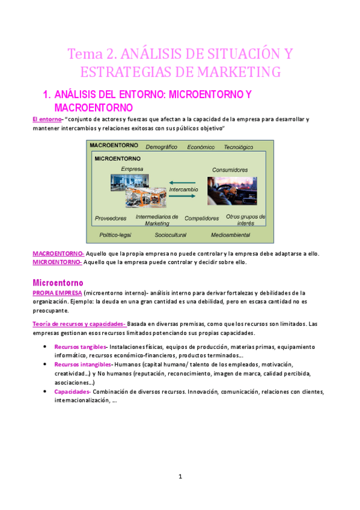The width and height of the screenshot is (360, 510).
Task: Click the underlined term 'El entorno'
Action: [x=47, y=119]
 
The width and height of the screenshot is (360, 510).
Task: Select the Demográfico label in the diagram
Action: [x=161, y=147]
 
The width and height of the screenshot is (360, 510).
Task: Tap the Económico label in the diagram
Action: [x=201, y=147]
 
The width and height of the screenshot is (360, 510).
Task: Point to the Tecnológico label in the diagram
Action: [x=239, y=147]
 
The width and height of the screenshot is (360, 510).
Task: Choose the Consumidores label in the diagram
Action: [x=230, y=170]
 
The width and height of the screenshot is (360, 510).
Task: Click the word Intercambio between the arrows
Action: [x=183, y=189]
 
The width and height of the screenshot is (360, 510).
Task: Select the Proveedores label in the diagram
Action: [x=111, y=218]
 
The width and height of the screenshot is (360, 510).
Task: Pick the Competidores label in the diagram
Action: [x=202, y=218]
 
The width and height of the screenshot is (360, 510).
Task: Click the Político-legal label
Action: [x=115, y=235]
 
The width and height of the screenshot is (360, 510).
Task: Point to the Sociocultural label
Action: [x=171, y=235]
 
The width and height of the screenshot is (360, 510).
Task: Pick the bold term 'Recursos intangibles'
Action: [x=82, y=364]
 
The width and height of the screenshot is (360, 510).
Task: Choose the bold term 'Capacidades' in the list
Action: [x=72, y=392]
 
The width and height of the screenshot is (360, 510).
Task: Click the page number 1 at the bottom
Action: [x=180, y=477]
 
